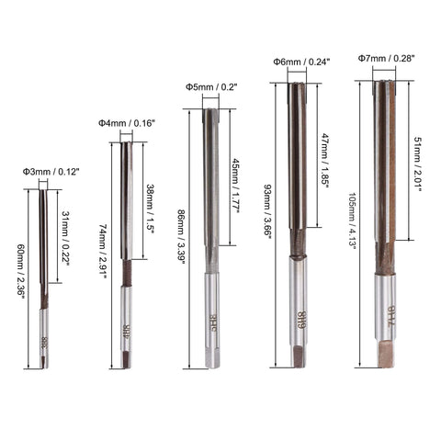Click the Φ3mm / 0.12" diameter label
pyautogui.click(x=43, y=172)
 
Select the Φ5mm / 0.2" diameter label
pyautogui.click(x=210, y=87)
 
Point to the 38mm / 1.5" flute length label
pyautogui.click(x=150, y=209)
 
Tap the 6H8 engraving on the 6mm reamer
pyautogui.click(x=300, y=322)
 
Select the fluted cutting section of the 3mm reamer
pyautogui.click(x=43, y=243)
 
